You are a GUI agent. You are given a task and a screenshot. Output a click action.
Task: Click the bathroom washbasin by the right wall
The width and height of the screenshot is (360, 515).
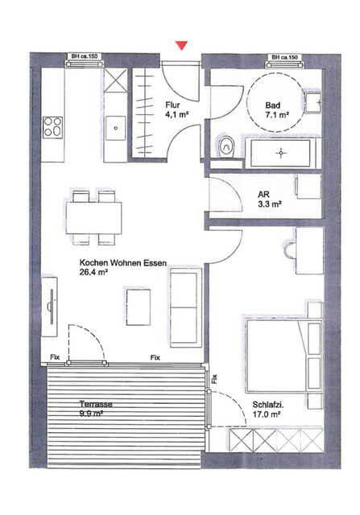pyautogui.click(x=313, y=104)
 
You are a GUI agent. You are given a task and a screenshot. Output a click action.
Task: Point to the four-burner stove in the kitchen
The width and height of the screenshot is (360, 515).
pyautogui.click(x=53, y=126)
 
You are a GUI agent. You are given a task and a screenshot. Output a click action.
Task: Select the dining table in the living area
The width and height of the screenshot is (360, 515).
pyautogui.click(x=95, y=215)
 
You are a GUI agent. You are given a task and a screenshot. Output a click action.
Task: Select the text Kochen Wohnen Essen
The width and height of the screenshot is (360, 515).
pyautogui.click(x=113, y=262)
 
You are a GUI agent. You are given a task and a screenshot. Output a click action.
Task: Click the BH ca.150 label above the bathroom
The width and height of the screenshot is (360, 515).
pyautogui.click(x=284, y=57)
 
